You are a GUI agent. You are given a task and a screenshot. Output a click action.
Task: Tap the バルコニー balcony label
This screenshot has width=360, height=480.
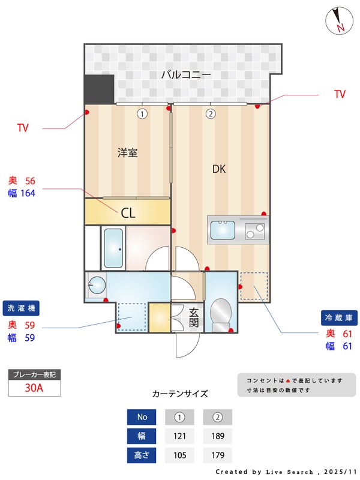(x=186, y=76)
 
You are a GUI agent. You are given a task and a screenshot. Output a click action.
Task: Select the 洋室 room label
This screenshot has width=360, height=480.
(x=127, y=152)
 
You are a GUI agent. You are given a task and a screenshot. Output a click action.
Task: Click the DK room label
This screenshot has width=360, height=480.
(x=219, y=169)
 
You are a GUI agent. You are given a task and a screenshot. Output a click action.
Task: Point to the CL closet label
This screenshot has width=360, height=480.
(x=128, y=212)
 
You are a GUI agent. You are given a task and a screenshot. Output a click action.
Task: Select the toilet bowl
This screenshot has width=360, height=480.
(x=220, y=313)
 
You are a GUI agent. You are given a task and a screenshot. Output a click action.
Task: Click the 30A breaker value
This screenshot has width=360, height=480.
(x=34, y=388)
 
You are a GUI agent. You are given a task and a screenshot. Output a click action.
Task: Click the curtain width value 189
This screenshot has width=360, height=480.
(x=217, y=436)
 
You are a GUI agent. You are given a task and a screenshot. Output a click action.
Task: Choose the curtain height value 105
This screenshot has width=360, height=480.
(x=179, y=455)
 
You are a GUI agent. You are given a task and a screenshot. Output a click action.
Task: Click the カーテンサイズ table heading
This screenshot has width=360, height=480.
(x=180, y=394)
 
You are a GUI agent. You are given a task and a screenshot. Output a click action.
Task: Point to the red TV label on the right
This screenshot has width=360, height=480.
(x=340, y=94)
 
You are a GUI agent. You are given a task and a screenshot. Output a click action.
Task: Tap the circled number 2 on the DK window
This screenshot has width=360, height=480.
(x=211, y=113)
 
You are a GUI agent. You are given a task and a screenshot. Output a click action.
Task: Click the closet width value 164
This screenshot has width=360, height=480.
(x=28, y=193)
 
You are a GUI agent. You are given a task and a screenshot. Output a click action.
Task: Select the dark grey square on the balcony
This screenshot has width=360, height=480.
(x=99, y=89)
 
